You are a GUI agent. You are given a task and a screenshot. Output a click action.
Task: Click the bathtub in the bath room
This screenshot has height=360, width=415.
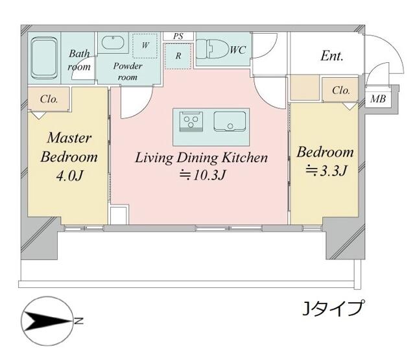point(45,58)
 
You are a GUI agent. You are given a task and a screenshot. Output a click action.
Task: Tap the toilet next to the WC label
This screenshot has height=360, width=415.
point(211,49)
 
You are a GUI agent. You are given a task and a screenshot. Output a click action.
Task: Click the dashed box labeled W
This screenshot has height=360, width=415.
point(145,45)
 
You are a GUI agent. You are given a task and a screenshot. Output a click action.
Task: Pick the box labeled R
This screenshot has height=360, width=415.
point(178,56)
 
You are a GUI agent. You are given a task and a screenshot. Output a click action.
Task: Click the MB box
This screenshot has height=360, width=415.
point(377,99)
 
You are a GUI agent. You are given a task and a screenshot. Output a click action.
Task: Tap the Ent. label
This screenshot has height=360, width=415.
point(331,56)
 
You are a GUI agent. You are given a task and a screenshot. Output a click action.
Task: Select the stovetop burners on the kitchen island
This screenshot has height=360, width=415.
point(191,121)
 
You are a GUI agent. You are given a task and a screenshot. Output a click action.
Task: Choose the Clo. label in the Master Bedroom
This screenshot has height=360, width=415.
point(49,99)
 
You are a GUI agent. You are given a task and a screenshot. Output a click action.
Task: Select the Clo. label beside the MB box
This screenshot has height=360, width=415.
point(341,91)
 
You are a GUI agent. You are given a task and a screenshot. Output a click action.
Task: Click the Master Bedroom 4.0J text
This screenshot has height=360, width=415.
point(69,156)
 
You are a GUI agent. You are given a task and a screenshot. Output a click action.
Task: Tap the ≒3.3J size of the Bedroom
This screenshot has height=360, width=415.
point(324,171)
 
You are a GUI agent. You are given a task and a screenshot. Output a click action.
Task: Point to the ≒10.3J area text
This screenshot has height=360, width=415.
point(202,174)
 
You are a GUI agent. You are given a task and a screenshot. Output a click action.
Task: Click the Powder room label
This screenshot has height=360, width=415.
point(128,71)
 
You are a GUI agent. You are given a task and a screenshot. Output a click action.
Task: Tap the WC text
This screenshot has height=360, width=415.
point(237,49)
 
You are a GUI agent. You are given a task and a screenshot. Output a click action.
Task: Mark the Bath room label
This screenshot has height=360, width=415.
point(80,60)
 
